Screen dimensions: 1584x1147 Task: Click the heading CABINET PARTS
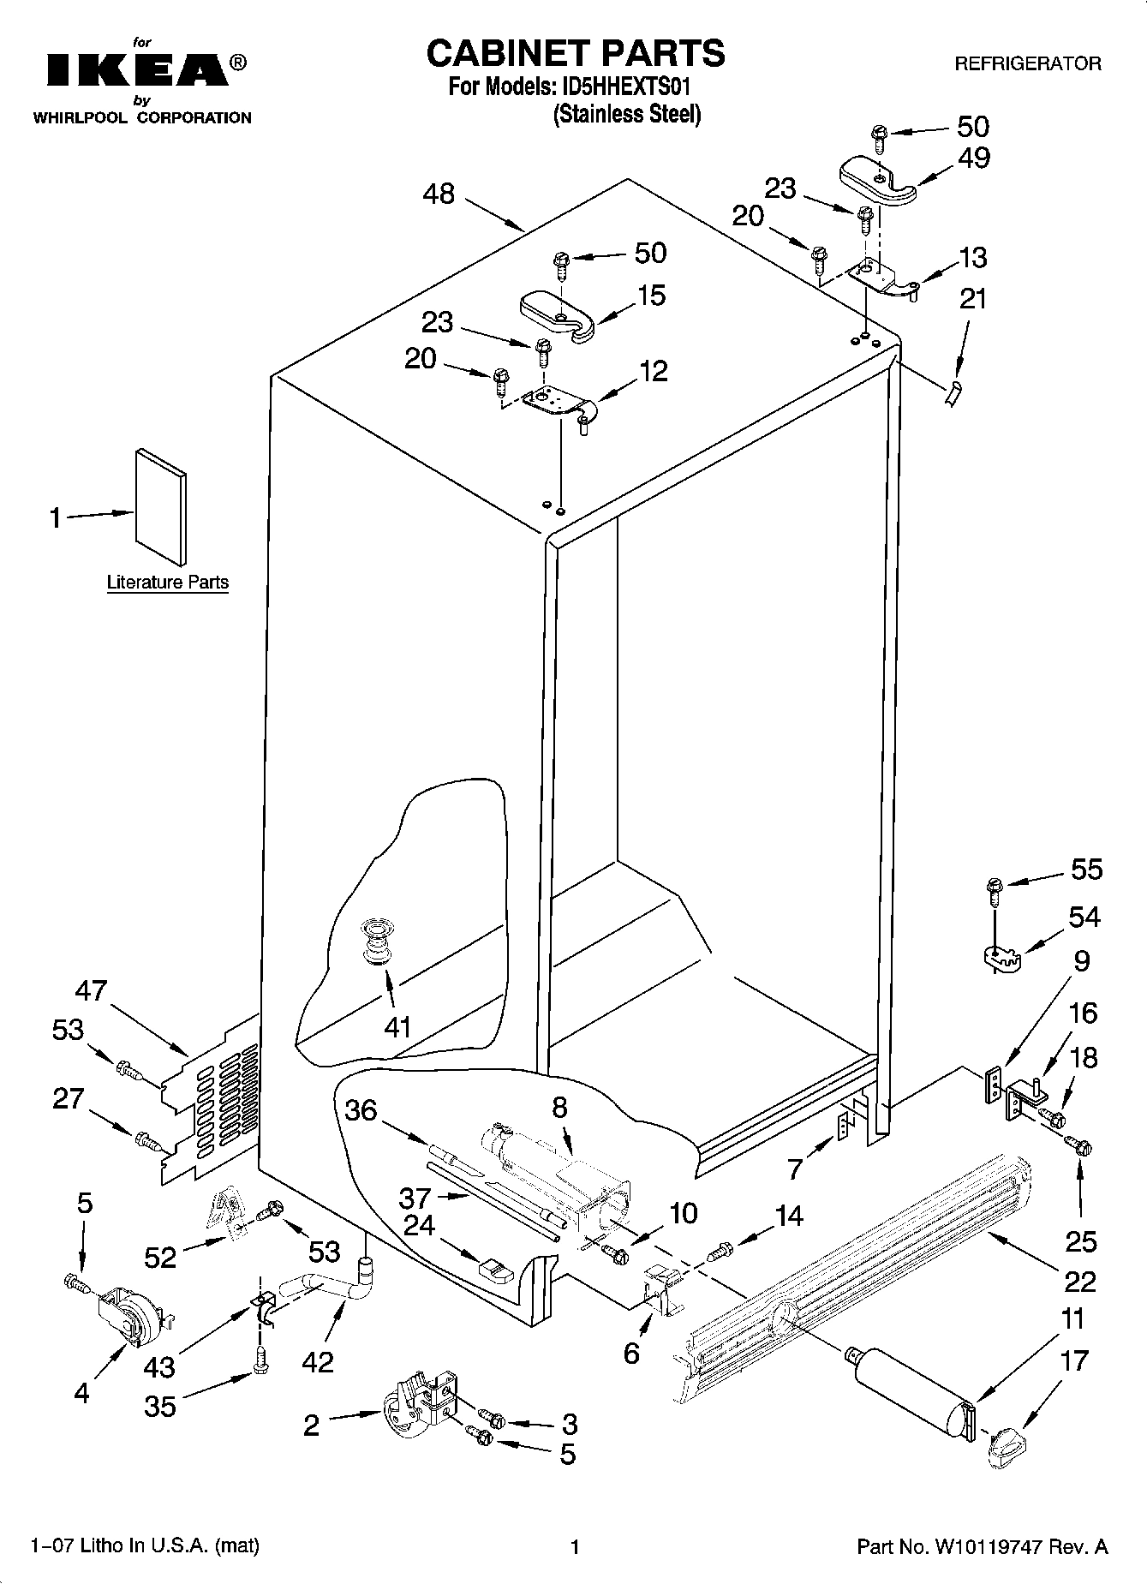575,53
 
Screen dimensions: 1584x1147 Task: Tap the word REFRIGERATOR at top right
1027,64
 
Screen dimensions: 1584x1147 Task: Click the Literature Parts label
167,583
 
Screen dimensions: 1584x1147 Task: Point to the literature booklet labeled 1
159,507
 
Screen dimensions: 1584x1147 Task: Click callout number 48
439,194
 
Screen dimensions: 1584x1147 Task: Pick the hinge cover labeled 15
559,314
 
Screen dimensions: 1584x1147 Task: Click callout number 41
397,1025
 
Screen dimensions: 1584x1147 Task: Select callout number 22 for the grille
1079,1281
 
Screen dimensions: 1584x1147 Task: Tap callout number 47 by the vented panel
91,990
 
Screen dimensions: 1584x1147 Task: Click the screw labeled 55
994,889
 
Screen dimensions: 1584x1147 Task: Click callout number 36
361,1110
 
